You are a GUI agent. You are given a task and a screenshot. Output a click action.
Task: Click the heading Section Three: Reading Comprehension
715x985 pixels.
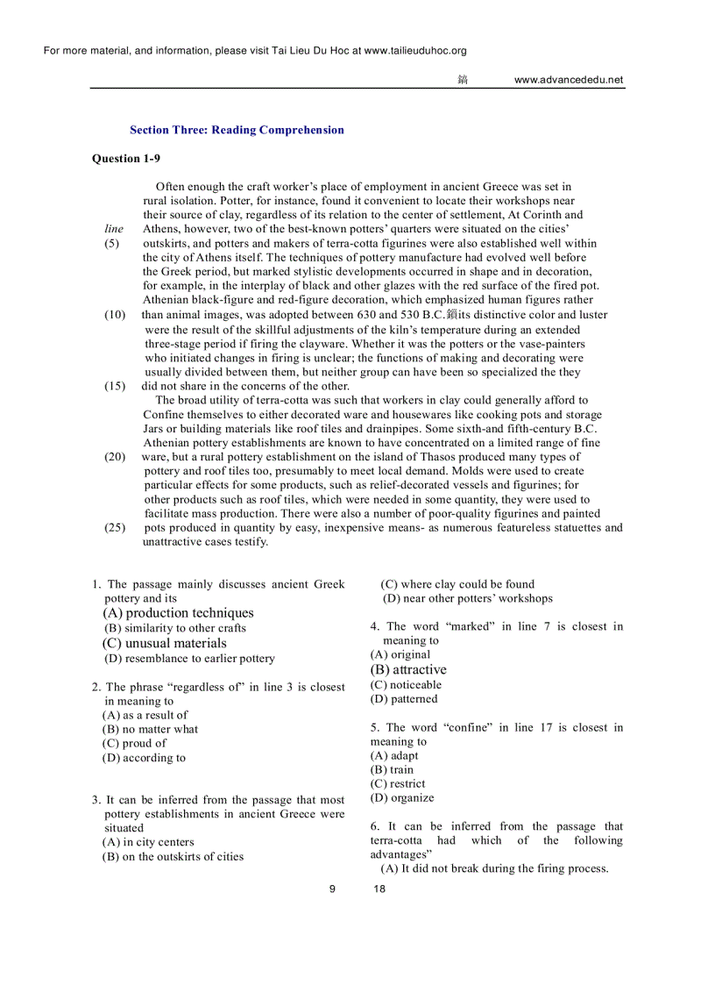tap(237, 130)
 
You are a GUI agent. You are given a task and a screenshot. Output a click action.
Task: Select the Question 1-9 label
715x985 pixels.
tap(126, 159)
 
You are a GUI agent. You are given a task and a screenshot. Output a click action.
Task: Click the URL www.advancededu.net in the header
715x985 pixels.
tap(569, 80)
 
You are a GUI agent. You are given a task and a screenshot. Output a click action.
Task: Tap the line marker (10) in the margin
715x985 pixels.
tap(115, 314)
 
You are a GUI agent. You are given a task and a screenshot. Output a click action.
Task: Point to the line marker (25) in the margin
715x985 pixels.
tap(115, 527)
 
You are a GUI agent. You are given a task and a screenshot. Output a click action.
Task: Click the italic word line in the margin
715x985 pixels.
tap(114, 229)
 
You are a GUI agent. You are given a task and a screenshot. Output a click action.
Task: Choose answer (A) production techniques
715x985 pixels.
tap(178, 613)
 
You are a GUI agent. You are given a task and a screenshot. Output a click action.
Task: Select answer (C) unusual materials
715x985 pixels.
tap(164, 643)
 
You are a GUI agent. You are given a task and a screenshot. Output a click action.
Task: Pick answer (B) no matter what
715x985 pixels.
tap(150, 729)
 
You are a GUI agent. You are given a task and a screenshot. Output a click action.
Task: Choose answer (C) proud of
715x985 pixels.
tap(134, 743)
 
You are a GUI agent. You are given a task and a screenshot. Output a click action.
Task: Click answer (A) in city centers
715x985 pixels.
tap(148, 842)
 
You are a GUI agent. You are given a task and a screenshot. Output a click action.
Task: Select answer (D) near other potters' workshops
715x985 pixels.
tap(467, 598)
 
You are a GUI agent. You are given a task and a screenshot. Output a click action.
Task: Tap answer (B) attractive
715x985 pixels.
tap(407, 669)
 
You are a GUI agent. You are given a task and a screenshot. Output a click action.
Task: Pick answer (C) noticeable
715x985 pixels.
tap(406, 684)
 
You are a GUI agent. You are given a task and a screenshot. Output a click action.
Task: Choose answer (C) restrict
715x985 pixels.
tap(398, 783)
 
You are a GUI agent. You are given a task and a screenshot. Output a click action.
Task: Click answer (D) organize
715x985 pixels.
tap(402, 797)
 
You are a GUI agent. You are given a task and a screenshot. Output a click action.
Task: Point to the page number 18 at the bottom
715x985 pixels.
tap(379, 889)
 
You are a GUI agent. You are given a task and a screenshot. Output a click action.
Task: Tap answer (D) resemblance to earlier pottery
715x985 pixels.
tap(188, 658)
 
